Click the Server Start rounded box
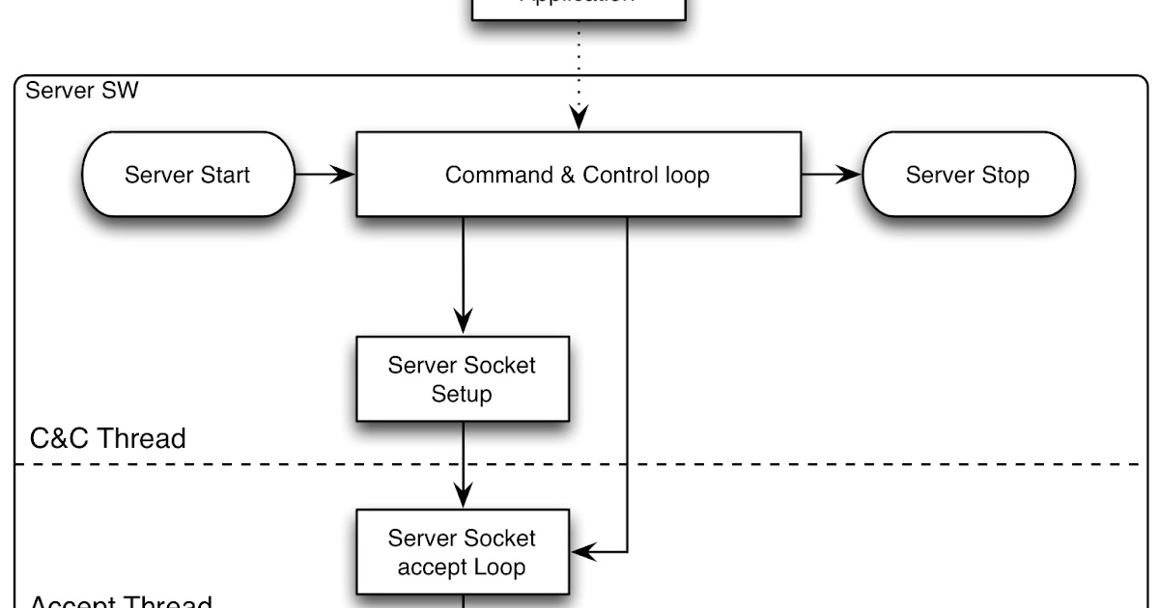pyautogui.click(x=188, y=175)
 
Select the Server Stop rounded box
pyautogui.click(x=968, y=175)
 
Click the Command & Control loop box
pyautogui.click(x=578, y=175)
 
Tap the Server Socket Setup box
pyautogui.click(x=462, y=379)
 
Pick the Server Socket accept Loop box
pyautogui.click(x=462, y=552)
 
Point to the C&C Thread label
pyautogui.click(x=107, y=438)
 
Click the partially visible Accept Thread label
pyautogui.click(x=121, y=602)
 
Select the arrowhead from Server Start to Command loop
pyautogui.click(x=345, y=175)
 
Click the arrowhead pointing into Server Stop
pyautogui.click(x=849, y=175)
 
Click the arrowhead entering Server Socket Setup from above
pyautogui.click(x=464, y=321)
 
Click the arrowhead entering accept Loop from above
pyautogui.click(x=464, y=495)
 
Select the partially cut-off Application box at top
pyautogui.click(x=578, y=8)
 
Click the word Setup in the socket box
pyautogui.click(x=462, y=394)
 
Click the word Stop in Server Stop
pyautogui.click(x=1007, y=176)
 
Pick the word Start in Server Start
pyautogui.click(x=225, y=176)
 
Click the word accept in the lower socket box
pyautogui.click(x=426, y=567)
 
